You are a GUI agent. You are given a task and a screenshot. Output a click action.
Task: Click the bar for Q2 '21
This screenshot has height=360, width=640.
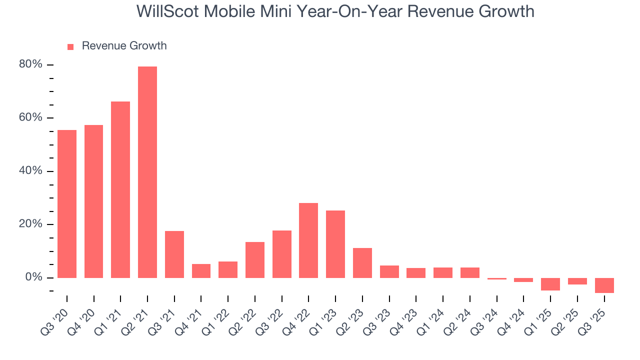(147, 172)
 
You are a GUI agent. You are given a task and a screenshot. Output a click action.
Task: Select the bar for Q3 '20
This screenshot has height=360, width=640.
(67, 203)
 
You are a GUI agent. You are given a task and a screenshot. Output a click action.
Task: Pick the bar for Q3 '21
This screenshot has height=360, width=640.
(174, 254)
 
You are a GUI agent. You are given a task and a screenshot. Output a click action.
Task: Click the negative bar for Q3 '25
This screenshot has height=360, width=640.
(604, 285)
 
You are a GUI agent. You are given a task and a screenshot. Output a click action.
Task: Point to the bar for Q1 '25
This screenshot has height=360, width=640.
(550, 284)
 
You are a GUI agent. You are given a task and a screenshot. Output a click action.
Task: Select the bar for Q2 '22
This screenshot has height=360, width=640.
(255, 259)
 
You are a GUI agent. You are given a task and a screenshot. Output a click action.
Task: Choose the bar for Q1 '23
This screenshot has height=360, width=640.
(335, 244)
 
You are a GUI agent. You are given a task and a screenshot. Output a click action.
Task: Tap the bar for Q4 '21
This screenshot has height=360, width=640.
(201, 270)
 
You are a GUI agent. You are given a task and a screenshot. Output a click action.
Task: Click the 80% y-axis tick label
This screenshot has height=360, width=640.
(30, 64)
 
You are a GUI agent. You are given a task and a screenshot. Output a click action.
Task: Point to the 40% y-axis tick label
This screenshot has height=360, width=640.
(30, 171)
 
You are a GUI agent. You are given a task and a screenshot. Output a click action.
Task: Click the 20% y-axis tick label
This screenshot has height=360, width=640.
(30, 224)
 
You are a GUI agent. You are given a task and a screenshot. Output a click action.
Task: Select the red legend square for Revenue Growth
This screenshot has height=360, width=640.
(70, 46)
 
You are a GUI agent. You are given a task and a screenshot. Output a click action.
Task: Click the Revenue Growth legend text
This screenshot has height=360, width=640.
(124, 46)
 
